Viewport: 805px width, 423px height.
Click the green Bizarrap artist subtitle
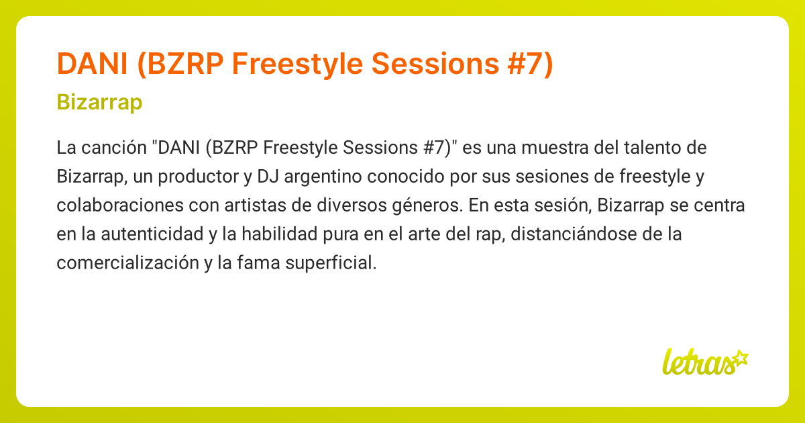pyautogui.click(x=99, y=103)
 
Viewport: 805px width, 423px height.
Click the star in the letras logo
pyautogui.click(x=741, y=357)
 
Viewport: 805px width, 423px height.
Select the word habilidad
pyautogui.click(x=290, y=234)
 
